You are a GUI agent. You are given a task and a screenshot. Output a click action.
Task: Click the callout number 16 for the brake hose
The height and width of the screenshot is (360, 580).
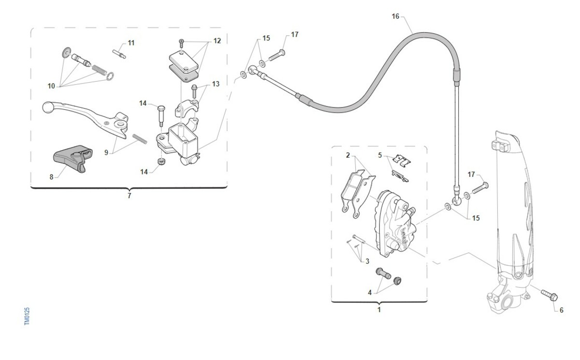(395, 16)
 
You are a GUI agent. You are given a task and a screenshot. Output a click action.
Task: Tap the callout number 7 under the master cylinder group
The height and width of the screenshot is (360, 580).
(129, 196)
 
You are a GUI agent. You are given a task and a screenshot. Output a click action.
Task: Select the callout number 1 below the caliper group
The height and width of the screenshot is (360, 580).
(379, 309)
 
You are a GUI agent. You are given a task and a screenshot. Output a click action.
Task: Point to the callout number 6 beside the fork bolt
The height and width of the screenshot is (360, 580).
(561, 310)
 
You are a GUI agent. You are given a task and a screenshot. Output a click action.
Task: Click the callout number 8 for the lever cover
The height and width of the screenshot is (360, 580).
(51, 177)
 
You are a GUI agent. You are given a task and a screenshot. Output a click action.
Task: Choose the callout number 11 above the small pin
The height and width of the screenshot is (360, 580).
(131, 43)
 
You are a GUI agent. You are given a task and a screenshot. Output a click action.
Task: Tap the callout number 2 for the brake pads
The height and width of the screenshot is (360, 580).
(348, 155)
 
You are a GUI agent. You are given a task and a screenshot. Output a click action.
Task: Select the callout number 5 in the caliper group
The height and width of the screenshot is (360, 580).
(380, 155)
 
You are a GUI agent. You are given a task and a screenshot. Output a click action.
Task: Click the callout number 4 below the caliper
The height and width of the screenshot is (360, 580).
(370, 292)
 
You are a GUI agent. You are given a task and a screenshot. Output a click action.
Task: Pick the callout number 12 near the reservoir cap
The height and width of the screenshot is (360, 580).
(217, 41)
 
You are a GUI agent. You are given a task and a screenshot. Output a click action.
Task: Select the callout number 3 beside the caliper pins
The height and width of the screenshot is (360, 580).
(367, 261)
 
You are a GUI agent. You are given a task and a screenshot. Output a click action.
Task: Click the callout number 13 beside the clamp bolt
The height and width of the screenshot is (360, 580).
(216, 84)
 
